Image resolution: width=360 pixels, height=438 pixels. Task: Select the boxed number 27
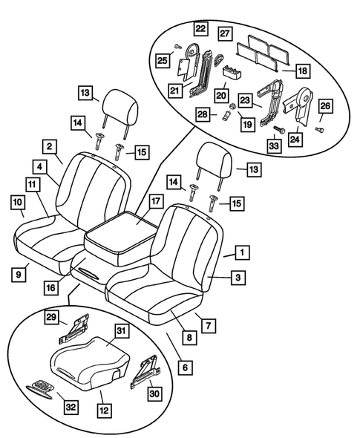pyautogui.click(x=224, y=33)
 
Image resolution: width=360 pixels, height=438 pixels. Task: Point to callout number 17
pyautogui.click(x=154, y=200)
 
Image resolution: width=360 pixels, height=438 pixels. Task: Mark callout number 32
pyautogui.click(x=71, y=405)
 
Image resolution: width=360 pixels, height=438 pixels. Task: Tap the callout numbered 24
pyautogui.click(x=296, y=138)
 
